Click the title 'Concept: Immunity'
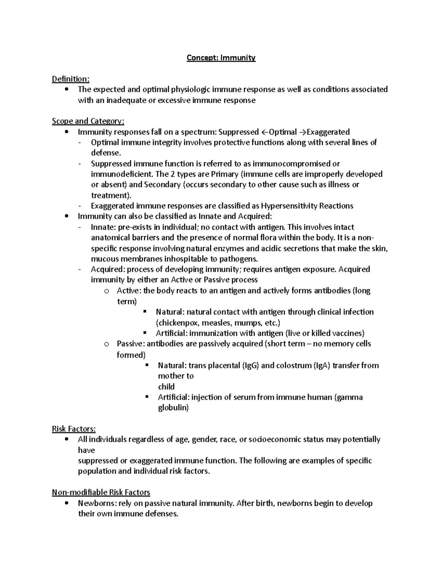click(221, 58)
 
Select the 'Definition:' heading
click(70, 79)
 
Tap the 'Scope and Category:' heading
click(88, 121)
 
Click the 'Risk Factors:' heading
click(74, 429)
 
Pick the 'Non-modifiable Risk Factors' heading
click(101, 492)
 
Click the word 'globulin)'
click(173, 408)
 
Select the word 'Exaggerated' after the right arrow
click(328, 132)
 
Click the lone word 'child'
click(166, 386)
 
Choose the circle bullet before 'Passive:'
click(106, 344)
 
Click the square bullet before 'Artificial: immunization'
click(145, 333)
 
